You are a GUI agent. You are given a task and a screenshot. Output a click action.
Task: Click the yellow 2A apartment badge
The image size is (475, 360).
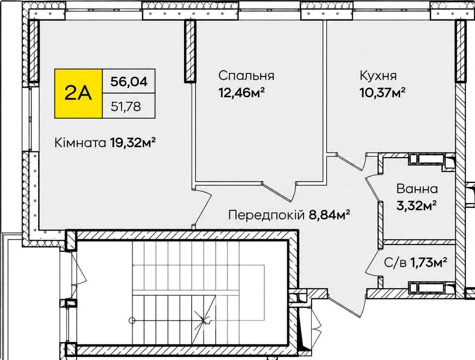(x=78, y=94)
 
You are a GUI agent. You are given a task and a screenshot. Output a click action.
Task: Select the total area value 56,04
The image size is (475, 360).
(x=129, y=82)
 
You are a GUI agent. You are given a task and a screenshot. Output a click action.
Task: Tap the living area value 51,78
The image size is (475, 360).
(x=126, y=107)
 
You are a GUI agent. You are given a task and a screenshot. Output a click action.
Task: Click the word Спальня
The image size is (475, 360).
(x=246, y=76)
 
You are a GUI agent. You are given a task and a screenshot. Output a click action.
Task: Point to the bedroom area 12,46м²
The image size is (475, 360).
(x=242, y=93)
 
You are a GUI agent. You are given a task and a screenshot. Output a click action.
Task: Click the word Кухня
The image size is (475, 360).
(x=378, y=76)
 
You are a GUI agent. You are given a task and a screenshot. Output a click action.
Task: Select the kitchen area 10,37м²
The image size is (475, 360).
(x=382, y=93)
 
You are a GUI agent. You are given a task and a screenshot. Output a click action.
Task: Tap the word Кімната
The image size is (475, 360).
(x=80, y=143)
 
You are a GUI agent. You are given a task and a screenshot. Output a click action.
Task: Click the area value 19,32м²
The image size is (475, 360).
(x=133, y=143)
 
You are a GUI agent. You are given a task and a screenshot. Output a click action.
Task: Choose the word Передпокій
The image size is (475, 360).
(x=266, y=215)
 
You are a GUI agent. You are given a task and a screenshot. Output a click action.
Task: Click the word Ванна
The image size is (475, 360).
(x=417, y=189)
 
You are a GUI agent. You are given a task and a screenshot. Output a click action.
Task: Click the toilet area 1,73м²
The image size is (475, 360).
(x=429, y=263)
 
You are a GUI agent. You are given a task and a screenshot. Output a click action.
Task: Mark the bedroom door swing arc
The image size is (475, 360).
(x=279, y=192)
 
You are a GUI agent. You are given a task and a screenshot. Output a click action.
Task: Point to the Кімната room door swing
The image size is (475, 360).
(x=202, y=207)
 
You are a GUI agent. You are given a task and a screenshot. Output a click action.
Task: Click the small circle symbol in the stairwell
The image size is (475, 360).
(x=132, y=320)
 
